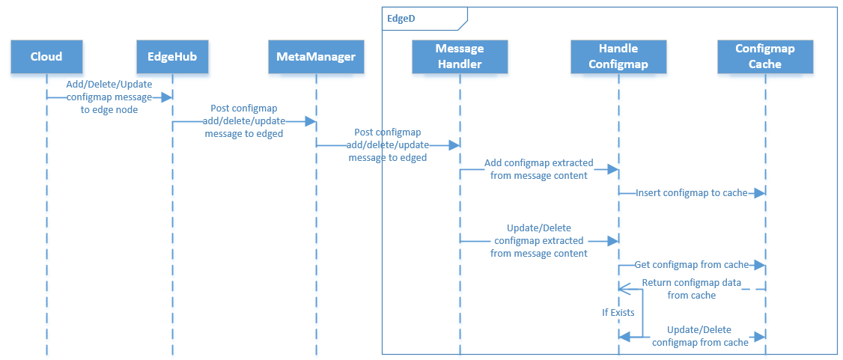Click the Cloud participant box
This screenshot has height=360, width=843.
tap(46, 57)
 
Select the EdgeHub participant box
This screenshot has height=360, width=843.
tap(172, 57)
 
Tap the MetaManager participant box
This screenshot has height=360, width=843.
tap(316, 57)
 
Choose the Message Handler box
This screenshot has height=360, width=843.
tap(460, 57)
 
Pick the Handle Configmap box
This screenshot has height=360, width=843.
tap(618, 57)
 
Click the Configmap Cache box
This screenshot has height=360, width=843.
tap(765, 57)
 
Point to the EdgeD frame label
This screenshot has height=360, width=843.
tap(401, 16)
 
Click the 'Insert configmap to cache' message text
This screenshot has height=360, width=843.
tap(692, 193)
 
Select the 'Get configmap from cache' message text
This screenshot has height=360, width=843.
tap(692, 265)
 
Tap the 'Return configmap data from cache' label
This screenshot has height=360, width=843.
tap(692, 289)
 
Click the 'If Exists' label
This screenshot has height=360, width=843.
tap(618, 312)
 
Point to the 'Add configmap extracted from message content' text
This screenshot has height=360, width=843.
tap(539, 168)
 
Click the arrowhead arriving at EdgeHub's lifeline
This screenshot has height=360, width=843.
tap(168, 97)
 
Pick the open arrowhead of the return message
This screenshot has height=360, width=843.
tap(623, 288)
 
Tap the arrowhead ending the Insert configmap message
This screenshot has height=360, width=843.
tap(760, 193)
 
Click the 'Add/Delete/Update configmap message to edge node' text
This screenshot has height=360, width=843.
tap(109, 97)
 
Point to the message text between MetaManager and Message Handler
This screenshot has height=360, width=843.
tap(388, 145)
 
